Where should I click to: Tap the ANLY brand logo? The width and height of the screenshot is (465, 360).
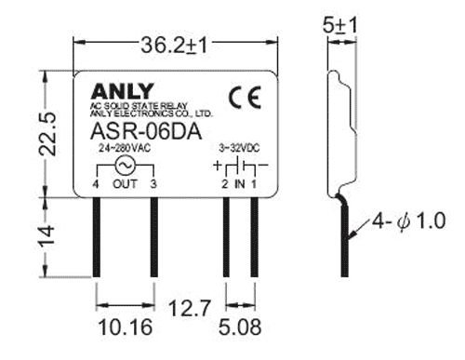pyautogui.click(x=117, y=91)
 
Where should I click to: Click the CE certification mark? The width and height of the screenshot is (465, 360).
pyautogui.click(x=241, y=96)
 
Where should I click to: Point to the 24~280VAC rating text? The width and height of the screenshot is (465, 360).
pyautogui.click(x=123, y=148)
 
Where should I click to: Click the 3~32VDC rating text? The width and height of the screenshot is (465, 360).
pyautogui.click(x=239, y=148)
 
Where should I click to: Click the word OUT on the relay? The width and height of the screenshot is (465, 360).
pyautogui.click(x=124, y=185)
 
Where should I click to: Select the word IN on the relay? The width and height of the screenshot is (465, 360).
pyautogui.click(x=239, y=185)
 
